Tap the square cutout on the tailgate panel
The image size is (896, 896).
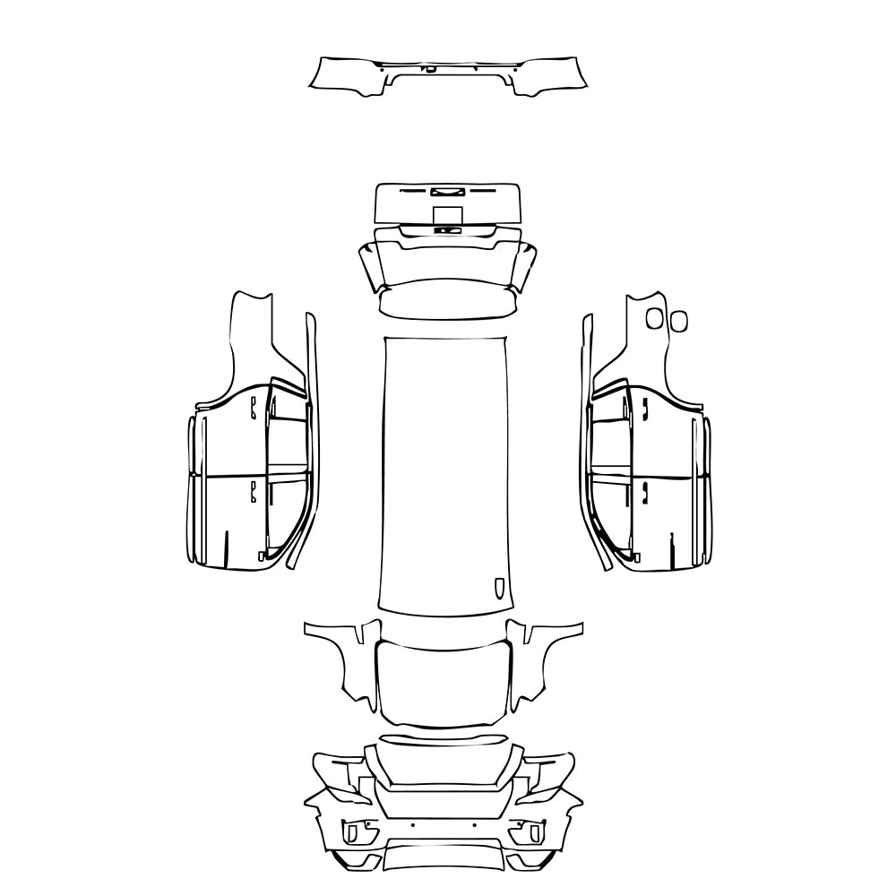pos(447,215)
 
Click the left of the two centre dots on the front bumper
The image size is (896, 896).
pos(412,823)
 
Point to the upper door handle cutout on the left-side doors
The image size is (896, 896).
pos(254,408)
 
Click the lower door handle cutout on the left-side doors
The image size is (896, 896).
pos(254,490)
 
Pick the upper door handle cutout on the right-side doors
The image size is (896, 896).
pos(643,408)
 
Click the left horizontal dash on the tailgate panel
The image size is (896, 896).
pos(414,191)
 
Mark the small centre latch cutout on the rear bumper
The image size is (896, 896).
pos(431,69)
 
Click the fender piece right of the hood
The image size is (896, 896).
pos(541,659)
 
